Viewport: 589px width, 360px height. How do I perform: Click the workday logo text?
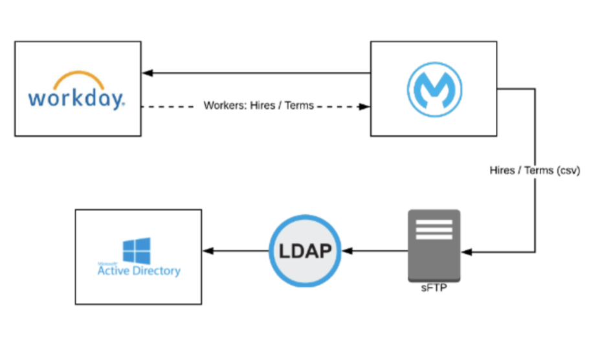(x=76, y=98)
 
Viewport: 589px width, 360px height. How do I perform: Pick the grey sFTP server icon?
(x=434, y=245)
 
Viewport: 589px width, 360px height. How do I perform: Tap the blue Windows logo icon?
(x=137, y=251)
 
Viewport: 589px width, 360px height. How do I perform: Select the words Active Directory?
(x=139, y=271)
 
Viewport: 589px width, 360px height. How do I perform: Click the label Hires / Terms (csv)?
(x=535, y=171)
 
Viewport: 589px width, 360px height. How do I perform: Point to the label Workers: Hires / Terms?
(x=258, y=106)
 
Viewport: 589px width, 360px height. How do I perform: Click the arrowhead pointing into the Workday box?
(x=147, y=73)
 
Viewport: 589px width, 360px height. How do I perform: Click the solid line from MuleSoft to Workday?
(x=259, y=73)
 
